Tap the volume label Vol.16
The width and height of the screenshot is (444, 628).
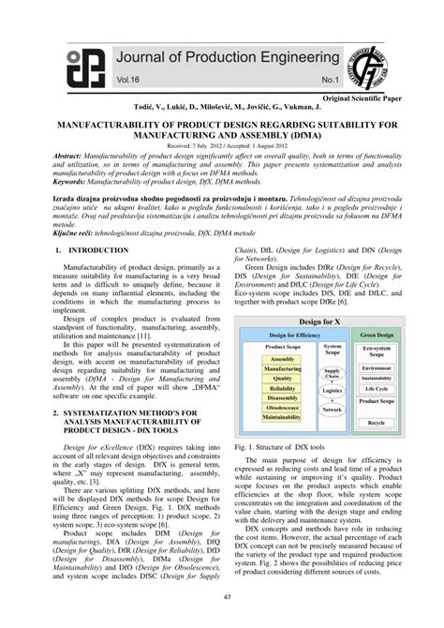(130, 82)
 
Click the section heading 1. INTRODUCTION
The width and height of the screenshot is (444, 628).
(92, 251)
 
